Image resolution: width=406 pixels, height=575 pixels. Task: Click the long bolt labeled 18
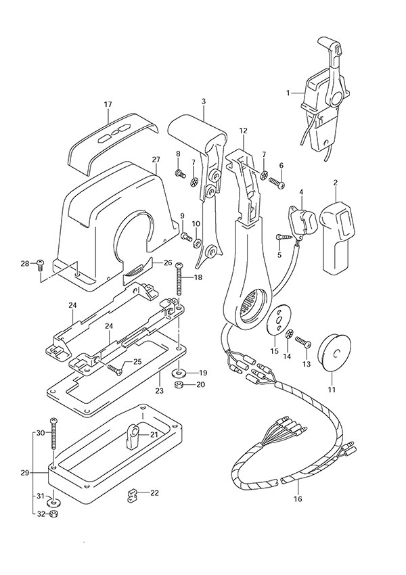click(179, 278)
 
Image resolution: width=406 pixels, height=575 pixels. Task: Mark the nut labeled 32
click(54, 514)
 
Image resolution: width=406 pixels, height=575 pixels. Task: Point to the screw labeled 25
click(115, 367)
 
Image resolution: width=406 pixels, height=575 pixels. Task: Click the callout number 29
click(25, 473)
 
